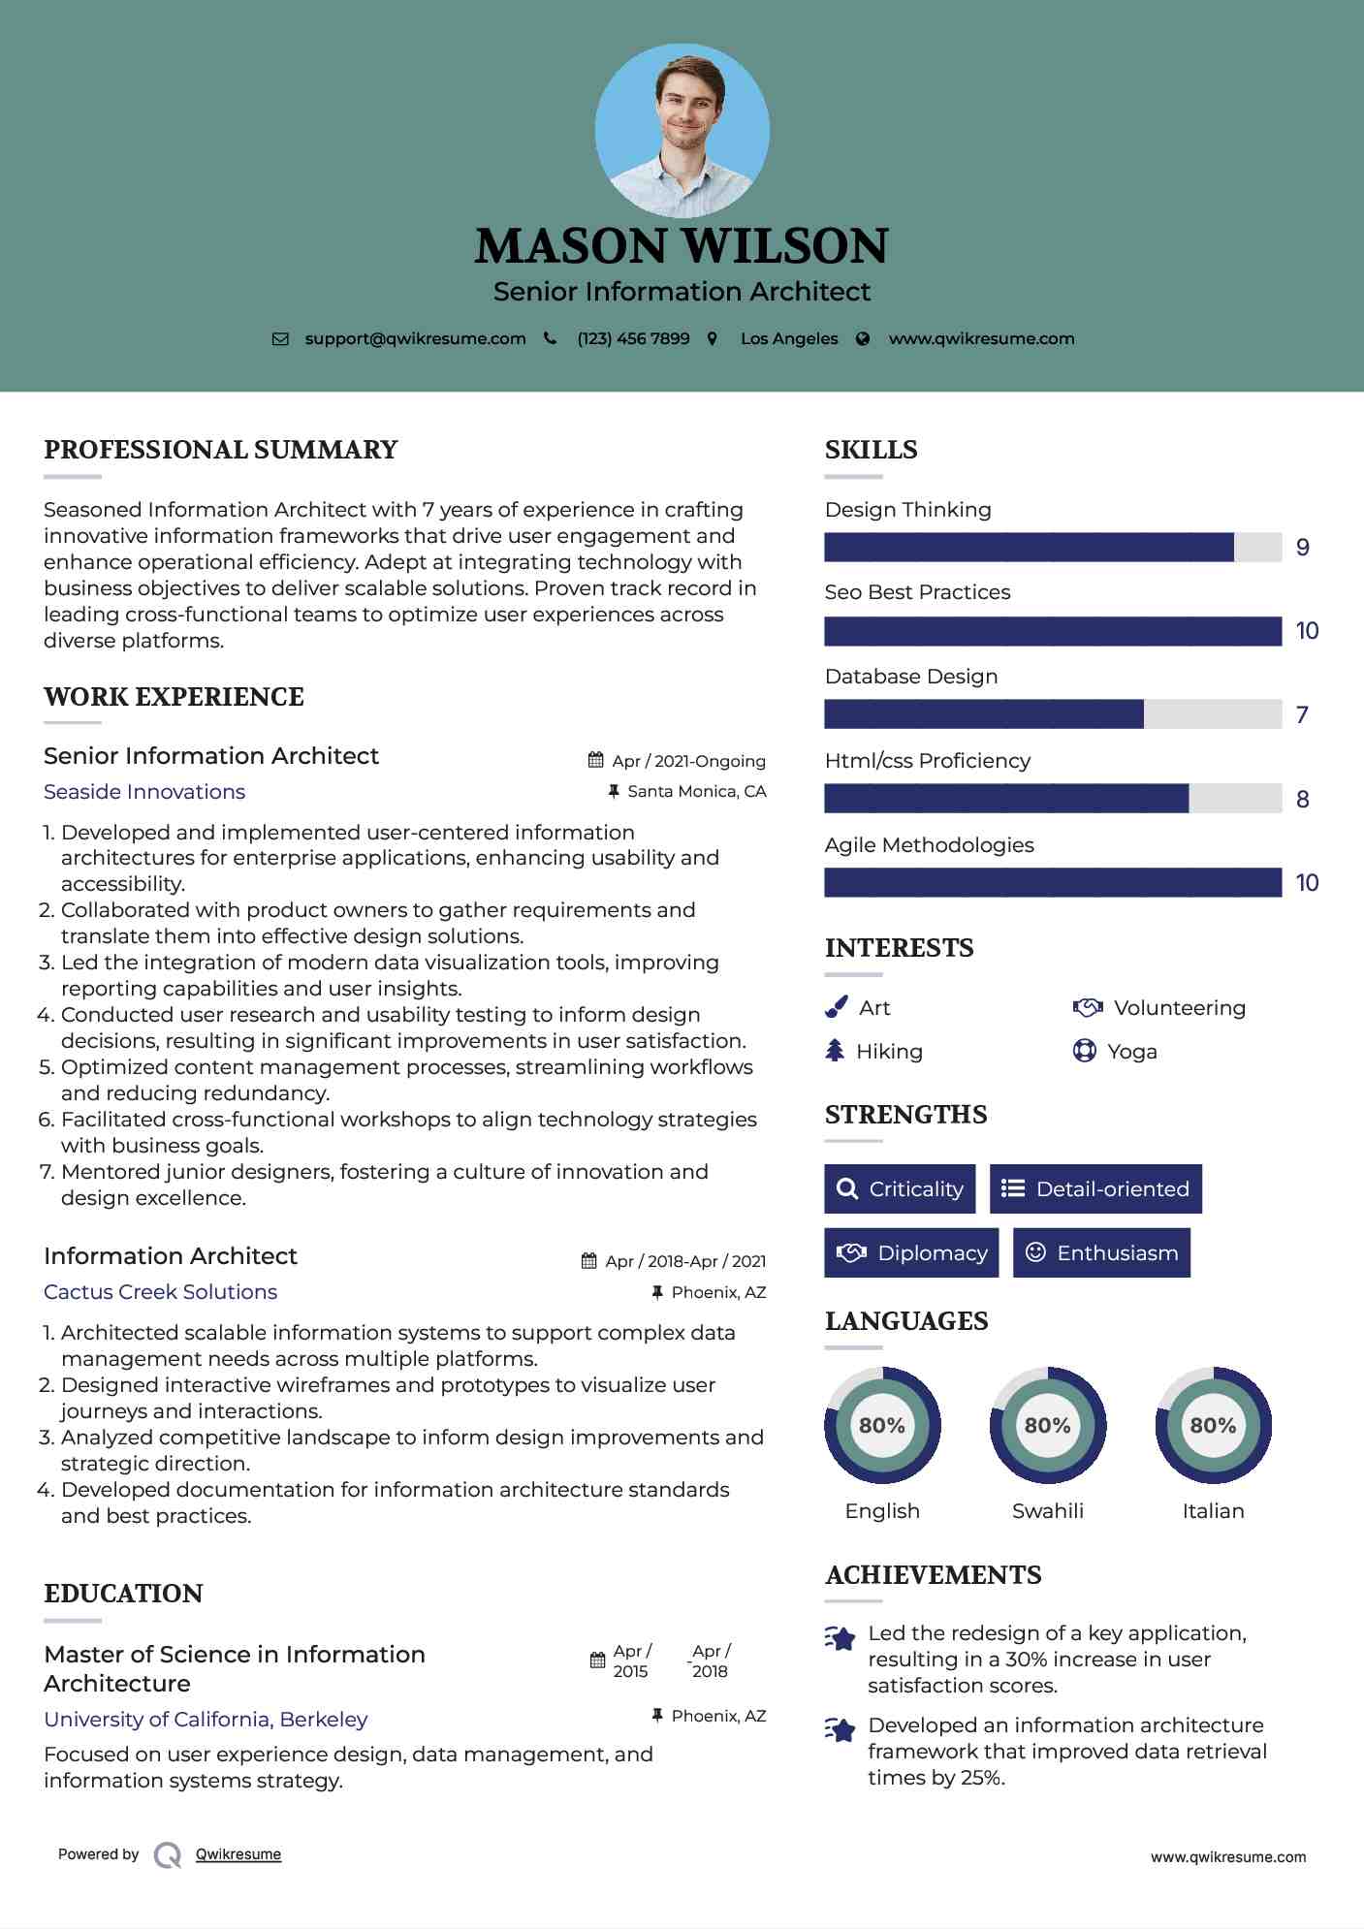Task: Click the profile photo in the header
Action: click(682, 130)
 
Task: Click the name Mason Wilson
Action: click(682, 246)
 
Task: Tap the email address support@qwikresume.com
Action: click(415, 339)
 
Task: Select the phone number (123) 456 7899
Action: click(633, 339)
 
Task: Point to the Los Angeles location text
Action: click(789, 339)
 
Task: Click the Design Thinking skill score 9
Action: click(1303, 548)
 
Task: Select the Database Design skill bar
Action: click(1053, 714)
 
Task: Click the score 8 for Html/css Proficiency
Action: click(1303, 800)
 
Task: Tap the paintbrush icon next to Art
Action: click(836, 1008)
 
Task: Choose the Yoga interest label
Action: click(1132, 1052)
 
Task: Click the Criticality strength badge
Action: click(900, 1189)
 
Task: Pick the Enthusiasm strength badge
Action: click(1101, 1253)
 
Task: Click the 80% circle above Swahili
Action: click(1048, 1426)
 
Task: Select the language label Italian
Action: click(1213, 1511)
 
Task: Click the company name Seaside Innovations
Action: click(144, 792)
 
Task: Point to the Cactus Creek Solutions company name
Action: click(160, 1292)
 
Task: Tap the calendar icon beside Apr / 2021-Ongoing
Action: click(596, 761)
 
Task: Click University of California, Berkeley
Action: click(206, 1720)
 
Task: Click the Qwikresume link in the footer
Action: click(238, 1854)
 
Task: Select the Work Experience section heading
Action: click(174, 697)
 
